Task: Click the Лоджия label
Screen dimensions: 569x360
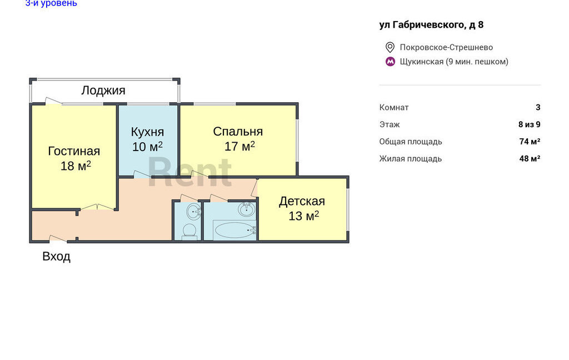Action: [103, 91]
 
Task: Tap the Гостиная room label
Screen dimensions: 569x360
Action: [74, 151]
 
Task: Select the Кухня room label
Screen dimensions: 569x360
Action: [147, 132]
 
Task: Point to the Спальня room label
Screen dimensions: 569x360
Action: [238, 131]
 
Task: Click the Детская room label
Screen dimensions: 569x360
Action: [302, 202]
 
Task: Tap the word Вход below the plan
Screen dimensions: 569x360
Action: [56, 257]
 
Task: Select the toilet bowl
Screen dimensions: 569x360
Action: [189, 232]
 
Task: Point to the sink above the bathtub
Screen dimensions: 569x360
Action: [246, 209]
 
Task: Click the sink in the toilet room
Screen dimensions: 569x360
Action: [193, 211]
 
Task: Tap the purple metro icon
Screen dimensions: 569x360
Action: [390, 62]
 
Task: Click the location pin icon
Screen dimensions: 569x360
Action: [390, 47]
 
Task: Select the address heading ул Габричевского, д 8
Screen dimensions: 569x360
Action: [431, 24]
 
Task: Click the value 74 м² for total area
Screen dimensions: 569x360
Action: [530, 142]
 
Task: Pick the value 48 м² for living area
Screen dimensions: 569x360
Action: [530, 158]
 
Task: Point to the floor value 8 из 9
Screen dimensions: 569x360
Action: [530, 124]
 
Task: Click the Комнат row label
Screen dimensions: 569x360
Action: [394, 107]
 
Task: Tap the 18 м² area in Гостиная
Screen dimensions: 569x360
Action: [76, 166]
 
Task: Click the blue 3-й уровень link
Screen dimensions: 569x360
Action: [51, 3]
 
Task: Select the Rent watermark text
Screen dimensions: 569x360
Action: [190, 172]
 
